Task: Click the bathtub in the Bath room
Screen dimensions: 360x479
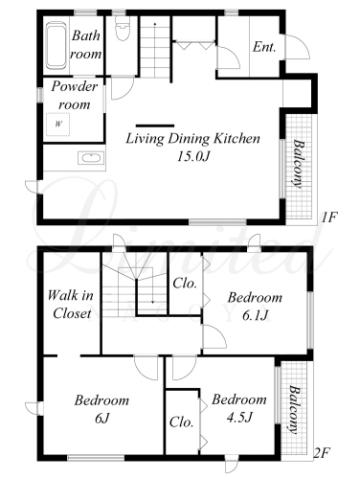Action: pos(56,45)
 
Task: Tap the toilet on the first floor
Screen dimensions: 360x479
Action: pos(123,28)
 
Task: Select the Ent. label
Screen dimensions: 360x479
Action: pos(264,47)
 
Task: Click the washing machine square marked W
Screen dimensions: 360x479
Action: pos(57,125)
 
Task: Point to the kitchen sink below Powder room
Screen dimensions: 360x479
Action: pos(91,158)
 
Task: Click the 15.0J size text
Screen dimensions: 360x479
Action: pos(193,156)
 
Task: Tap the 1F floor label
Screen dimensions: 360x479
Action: pos(328,217)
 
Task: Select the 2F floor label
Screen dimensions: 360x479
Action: pos(322,452)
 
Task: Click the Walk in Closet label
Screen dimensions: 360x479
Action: pos(71,304)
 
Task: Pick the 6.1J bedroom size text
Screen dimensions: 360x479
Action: pos(255,315)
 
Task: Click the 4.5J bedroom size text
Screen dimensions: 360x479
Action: pos(239,417)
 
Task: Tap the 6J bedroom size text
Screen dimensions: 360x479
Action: pos(102,418)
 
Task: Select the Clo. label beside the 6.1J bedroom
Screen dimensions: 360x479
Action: pos(185,284)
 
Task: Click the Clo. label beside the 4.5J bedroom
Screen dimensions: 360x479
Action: pos(181,422)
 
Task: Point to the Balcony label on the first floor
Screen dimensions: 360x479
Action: pos(298,163)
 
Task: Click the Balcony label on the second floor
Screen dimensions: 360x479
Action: pos(295,410)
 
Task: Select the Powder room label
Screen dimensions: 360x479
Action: pos(75,96)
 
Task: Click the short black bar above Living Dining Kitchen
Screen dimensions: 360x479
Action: pos(155,125)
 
